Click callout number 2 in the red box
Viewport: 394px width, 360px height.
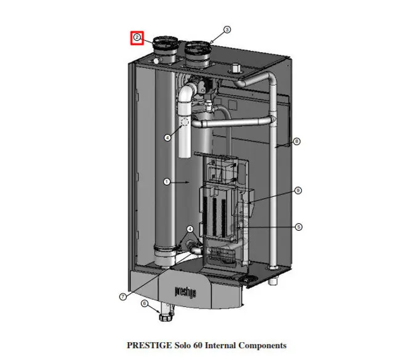(x=137, y=38)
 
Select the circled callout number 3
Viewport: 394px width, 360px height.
(x=227, y=30)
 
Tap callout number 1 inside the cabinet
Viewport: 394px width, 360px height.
(x=167, y=182)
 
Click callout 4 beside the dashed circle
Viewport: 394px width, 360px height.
(x=167, y=138)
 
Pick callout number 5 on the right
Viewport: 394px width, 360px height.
(x=299, y=227)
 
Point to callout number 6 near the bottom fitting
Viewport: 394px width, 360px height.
(x=144, y=303)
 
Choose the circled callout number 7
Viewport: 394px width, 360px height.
(x=123, y=297)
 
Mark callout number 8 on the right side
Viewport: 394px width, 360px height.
(x=297, y=142)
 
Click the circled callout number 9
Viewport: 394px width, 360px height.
(x=298, y=190)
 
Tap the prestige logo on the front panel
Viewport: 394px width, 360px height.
(x=185, y=292)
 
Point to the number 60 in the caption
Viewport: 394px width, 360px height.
(x=198, y=345)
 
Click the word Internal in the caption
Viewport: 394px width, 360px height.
(x=220, y=345)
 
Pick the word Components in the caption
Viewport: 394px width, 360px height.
(x=262, y=345)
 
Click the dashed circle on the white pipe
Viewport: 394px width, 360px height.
(x=185, y=122)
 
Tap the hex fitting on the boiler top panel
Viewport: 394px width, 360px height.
(x=235, y=68)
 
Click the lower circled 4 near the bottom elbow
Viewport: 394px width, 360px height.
(x=190, y=229)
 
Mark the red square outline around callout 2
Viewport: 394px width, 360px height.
(x=137, y=31)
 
